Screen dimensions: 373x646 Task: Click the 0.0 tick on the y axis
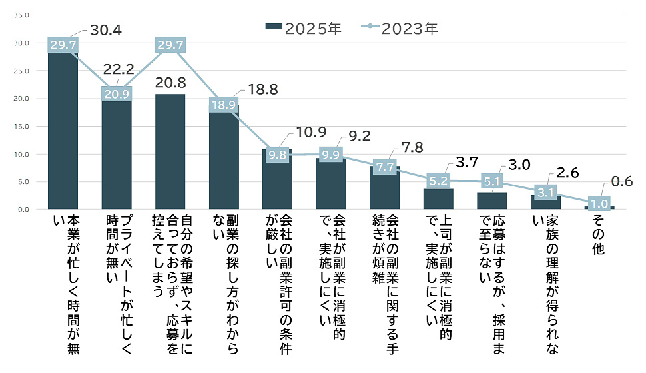[x=23, y=210]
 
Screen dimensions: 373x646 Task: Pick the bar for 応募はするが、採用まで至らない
[x=491, y=201]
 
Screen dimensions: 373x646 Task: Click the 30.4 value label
[x=105, y=31]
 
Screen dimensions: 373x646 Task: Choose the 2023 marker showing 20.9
[x=117, y=95]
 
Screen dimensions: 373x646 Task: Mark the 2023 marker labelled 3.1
[x=545, y=192]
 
